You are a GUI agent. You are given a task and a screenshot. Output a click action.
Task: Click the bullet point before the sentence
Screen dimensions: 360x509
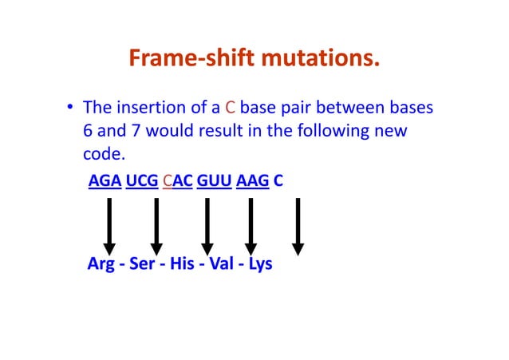click(71, 109)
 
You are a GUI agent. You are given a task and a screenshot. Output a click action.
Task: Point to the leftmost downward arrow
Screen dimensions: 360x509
click(109, 226)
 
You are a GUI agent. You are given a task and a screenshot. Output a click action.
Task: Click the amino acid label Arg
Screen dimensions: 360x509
click(101, 263)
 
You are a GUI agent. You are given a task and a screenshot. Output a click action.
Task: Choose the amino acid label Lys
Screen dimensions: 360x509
click(260, 263)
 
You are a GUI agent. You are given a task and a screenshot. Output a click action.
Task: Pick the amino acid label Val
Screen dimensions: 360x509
click(221, 263)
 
